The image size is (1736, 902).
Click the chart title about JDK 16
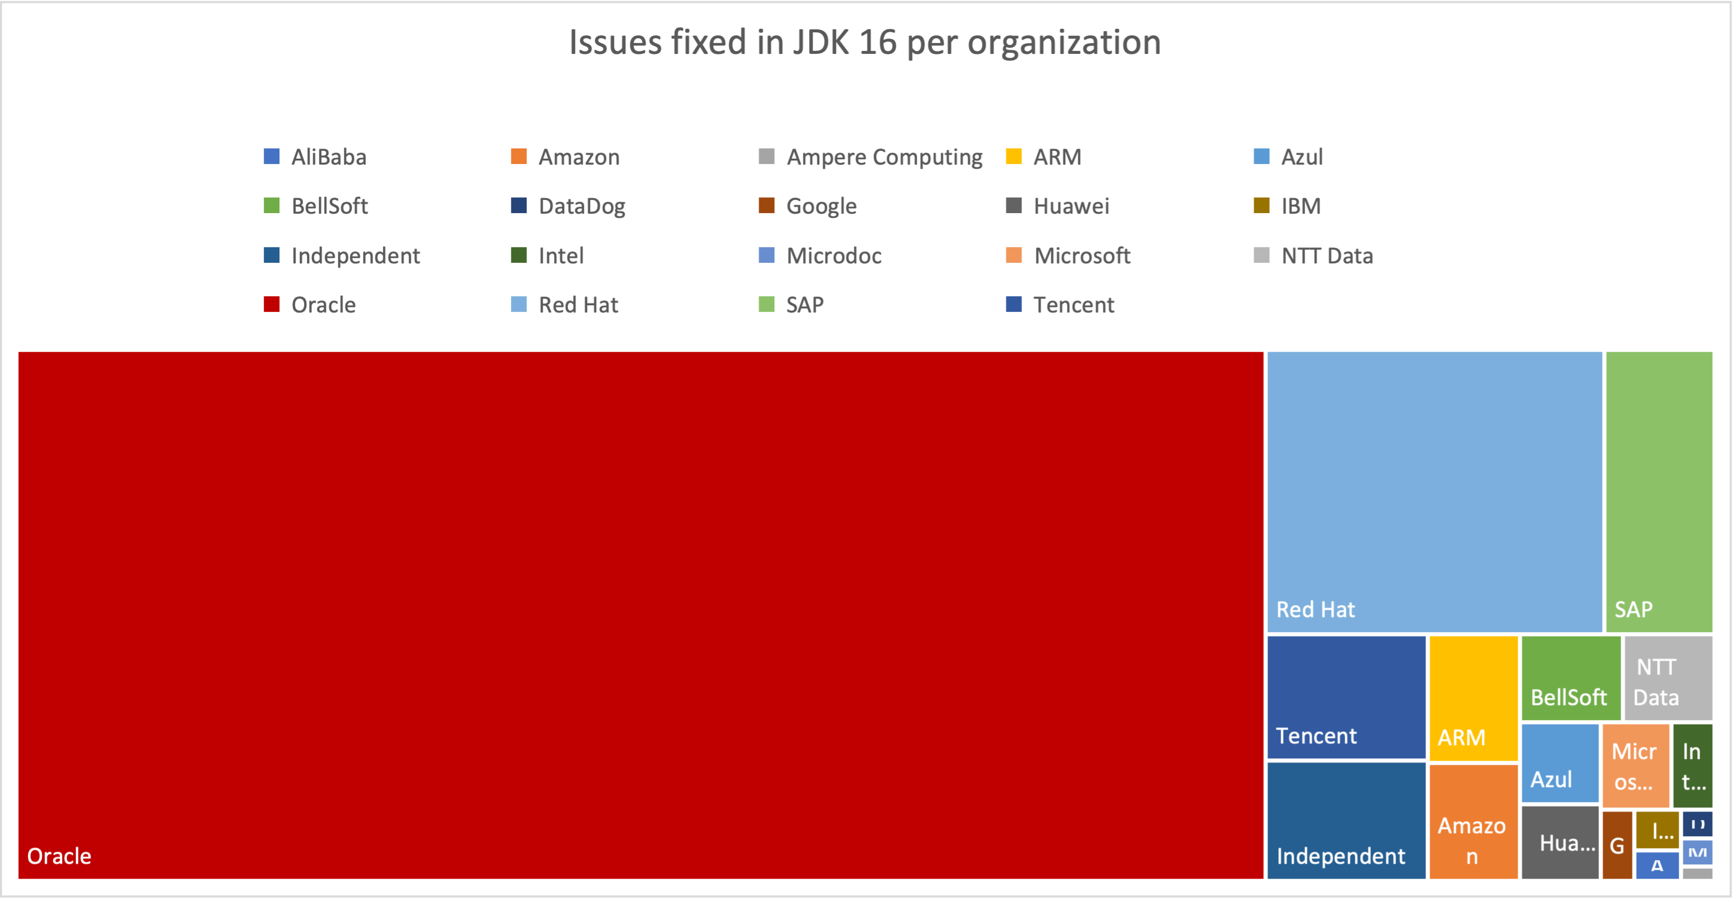click(865, 42)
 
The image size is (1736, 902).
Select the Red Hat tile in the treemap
click(1434, 492)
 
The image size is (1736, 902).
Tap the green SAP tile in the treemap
click(1658, 492)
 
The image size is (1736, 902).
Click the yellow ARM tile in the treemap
click(1473, 698)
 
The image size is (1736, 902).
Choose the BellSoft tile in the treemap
click(1570, 678)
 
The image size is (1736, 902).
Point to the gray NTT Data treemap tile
click(1668, 678)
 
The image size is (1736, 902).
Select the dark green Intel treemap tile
click(1692, 766)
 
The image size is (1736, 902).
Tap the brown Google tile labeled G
click(1617, 845)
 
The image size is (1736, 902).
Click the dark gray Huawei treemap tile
click(1559, 842)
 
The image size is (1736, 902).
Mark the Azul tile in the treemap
click(1559, 763)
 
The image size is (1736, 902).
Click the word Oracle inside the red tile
click(59, 855)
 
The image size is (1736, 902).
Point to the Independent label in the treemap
click(1340, 855)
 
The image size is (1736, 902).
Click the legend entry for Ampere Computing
click(884, 157)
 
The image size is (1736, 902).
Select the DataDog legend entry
click(582, 206)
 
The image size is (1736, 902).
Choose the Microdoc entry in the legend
click(834, 256)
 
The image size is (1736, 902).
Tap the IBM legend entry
click(1300, 206)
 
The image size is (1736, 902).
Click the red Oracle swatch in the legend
click(272, 305)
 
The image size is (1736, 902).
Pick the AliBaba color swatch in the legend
click(272, 157)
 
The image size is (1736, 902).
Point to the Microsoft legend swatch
click(1014, 256)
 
